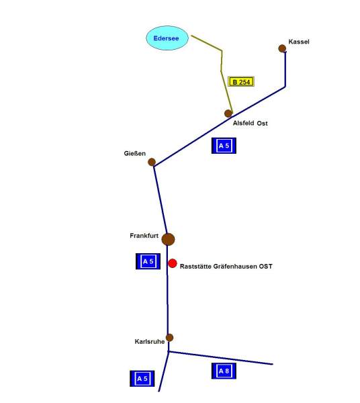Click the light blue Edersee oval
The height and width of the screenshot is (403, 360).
[167, 38]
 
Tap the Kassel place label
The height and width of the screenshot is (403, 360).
[299, 42]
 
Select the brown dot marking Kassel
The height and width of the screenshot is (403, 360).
[282, 48]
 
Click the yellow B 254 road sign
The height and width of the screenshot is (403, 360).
[241, 81]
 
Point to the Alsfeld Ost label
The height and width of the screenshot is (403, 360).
[250, 123]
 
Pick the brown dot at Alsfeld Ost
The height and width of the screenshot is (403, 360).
[228, 114]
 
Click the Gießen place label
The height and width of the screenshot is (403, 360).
[134, 153]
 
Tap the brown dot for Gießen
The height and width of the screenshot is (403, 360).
[152, 162]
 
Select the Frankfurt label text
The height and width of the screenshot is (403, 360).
[144, 236]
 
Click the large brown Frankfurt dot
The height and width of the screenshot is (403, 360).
[168, 239]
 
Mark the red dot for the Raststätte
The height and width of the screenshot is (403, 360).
[173, 263]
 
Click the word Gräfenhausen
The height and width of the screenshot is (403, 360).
[234, 266]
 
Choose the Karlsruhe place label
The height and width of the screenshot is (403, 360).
[150, 342]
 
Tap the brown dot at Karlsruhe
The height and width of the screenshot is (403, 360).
[169, 337]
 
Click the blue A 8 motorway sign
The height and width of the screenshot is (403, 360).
[224, 371]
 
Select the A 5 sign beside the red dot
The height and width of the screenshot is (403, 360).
[148, 261]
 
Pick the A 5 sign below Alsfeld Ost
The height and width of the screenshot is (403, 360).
[224, 146]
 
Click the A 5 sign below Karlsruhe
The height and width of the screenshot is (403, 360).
[142, 379]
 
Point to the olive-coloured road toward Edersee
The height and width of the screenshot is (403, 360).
[221, 69]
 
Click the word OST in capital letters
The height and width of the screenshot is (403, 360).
[265, 266]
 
